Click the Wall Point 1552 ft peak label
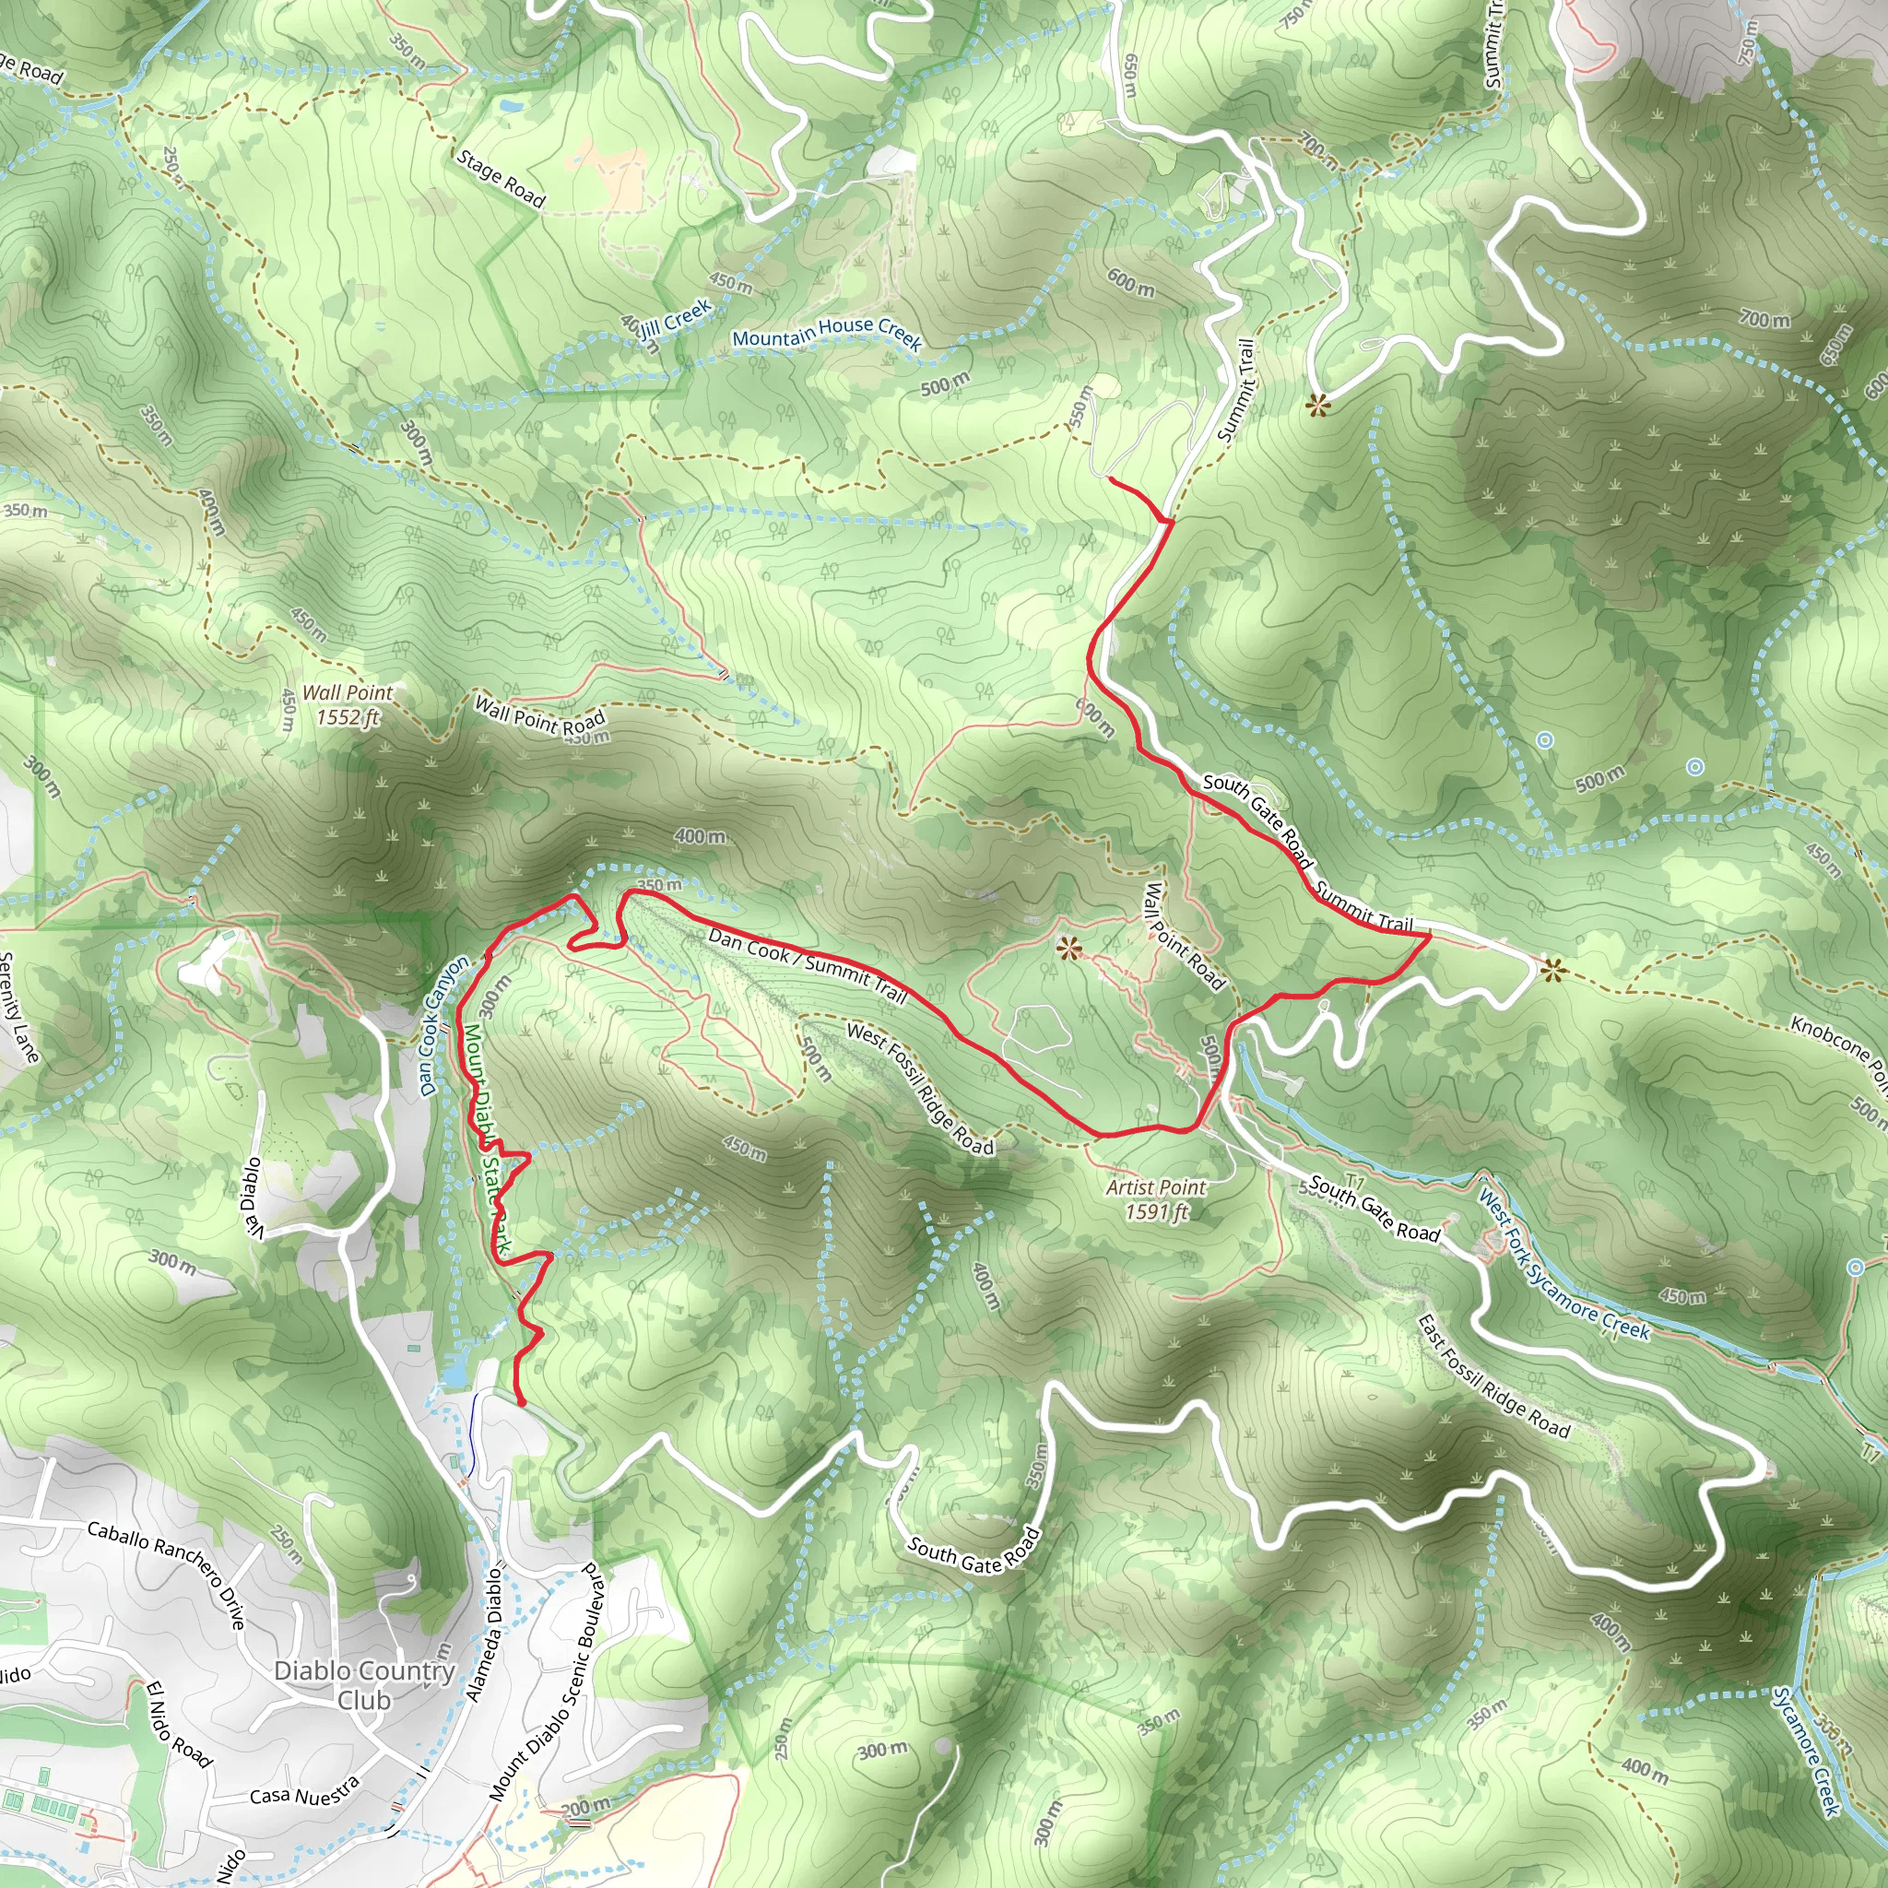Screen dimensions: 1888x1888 (x=347, y=704)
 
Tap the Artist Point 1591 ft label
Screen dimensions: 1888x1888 (x=1156, y=1199)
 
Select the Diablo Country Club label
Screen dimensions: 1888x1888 (x=364, y=1685)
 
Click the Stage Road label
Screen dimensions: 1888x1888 (x=501, y=179)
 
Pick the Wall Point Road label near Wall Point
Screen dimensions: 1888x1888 (x=540, y=715)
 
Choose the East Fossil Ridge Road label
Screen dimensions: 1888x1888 (x=1493, y=1377)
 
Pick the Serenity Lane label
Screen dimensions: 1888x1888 (x=18, y=1007)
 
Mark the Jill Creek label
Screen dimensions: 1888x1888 (x=677, y=318)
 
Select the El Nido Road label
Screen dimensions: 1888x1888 (x=179, y=1725)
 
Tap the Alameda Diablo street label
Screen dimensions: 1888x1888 (x=485, y=1634)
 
